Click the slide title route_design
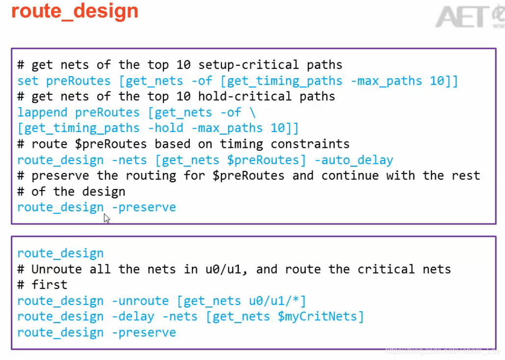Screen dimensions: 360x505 point(75,11)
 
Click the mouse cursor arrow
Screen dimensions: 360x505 point(106,218)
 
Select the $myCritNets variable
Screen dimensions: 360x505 point(321,317)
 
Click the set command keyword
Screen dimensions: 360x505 point(28,81)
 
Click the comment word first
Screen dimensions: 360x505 point(50,285)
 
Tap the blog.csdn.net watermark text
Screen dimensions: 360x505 point(442,351)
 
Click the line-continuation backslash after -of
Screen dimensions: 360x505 point(252,112)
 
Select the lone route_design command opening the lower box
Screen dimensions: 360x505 point(60,253)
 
